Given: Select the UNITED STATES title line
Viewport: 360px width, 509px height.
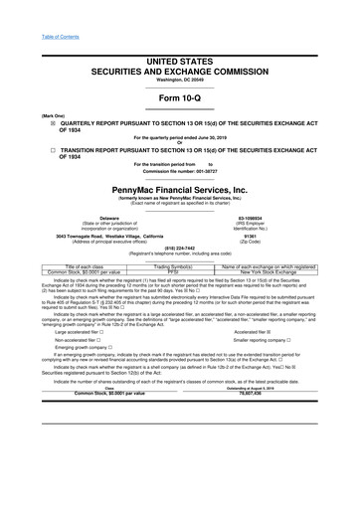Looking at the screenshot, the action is (x=180, y=34).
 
